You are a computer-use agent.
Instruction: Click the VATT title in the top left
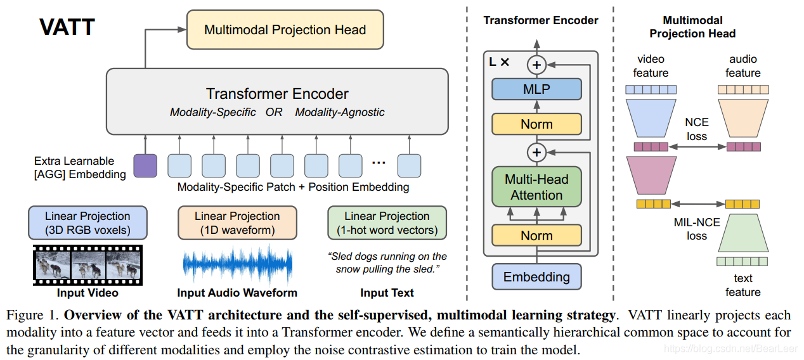pos(67,27)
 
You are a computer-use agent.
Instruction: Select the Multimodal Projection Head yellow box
pos(285,30)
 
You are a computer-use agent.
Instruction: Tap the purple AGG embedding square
pos(145,165)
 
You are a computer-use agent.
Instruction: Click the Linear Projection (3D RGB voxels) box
pos(88,222)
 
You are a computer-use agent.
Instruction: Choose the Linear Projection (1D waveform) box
pos(237,222)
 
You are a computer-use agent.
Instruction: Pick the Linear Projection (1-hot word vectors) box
pos(387,222)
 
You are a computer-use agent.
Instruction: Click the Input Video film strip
pos(88,265)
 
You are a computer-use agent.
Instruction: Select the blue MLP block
pos(536,89)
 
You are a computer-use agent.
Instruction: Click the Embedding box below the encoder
pos(536,277)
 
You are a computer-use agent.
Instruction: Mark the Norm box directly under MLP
pos(536,124)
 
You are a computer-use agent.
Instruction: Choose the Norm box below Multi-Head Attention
pos(536,236)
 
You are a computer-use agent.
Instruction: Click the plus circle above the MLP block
pos(537,64)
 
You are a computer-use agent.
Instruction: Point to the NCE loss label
pos(697,129)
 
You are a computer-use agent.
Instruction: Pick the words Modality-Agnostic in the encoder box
pos(340,112)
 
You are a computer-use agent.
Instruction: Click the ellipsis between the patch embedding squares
pos(379,163)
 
